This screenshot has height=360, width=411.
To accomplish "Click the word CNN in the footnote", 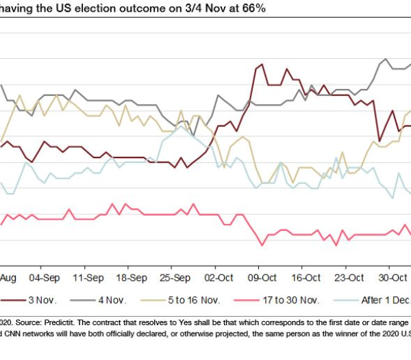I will tap(14, 334).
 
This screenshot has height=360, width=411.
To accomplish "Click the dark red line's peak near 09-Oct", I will tap(261, 65).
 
